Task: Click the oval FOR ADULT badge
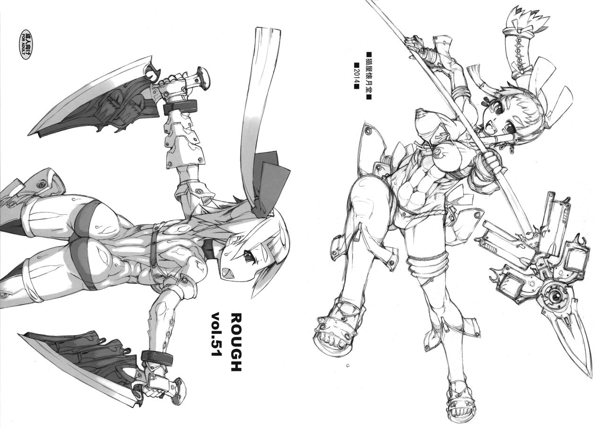coord(26,44)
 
